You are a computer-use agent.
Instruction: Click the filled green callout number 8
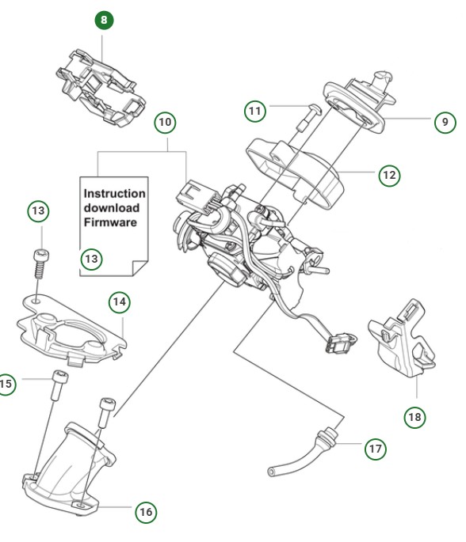[103, 21]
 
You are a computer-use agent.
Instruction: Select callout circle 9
[445, 122]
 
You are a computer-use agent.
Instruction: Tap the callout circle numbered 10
[164, 123]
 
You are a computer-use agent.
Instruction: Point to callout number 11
[254, 112]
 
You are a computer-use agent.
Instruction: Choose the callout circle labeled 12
[388, 175]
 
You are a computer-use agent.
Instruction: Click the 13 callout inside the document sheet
[92, 259]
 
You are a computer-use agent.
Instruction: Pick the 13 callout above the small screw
[38, 211]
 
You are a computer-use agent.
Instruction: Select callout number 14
[119, 301]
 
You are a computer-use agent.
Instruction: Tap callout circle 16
[145, 512]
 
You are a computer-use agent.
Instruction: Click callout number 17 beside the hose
[375, 449]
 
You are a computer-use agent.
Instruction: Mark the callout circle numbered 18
[414, 416]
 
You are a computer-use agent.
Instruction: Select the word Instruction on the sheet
[115, 193]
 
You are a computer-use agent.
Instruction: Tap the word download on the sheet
[112, 208]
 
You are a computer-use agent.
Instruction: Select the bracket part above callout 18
[400, 335]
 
